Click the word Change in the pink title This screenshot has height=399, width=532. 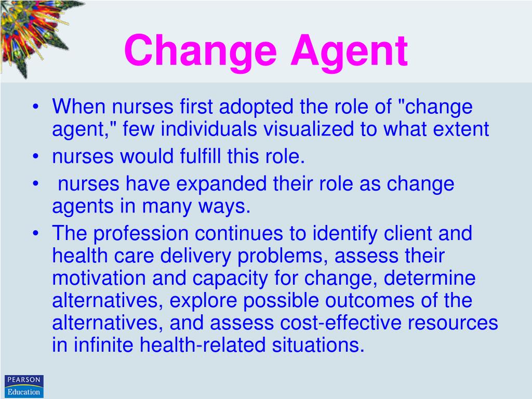pyautogui.click(x=202, y=51)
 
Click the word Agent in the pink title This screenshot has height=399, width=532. pyautogui.click(x=349, y=51)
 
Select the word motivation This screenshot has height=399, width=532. pyautogui.click(x=99, y=278)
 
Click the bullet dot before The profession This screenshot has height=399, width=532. pyautogui.click(x=35, y=234)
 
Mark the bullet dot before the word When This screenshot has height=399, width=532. pyautogui.click(x=35, y=108)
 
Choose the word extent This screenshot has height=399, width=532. pyautogui.click(x=458, y=129)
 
